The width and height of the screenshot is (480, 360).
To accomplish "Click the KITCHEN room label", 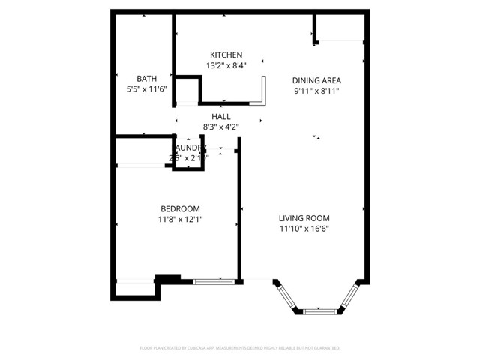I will (226, 55).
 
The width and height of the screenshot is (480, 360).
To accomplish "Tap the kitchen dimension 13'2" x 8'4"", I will (226, 66).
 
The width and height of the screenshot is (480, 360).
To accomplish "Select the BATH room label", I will (146, 79).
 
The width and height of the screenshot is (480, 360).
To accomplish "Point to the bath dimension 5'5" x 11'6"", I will (146, 89).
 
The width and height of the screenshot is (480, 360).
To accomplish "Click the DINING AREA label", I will (316, 80).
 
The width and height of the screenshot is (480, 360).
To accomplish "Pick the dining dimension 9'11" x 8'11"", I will (316, 91).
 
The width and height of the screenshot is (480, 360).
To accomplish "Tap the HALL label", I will (221, 117).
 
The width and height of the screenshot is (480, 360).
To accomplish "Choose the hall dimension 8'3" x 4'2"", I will (221, 127).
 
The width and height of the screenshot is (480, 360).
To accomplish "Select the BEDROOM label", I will (180, 209).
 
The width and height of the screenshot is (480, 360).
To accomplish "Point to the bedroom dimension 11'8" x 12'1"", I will (180, 220).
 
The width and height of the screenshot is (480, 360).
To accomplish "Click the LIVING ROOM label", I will (305, 217).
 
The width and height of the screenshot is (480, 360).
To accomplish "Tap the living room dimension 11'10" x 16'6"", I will (305, 227).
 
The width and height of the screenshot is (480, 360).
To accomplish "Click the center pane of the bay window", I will (318, 310).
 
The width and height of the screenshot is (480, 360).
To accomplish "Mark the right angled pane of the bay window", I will (349, 296).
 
